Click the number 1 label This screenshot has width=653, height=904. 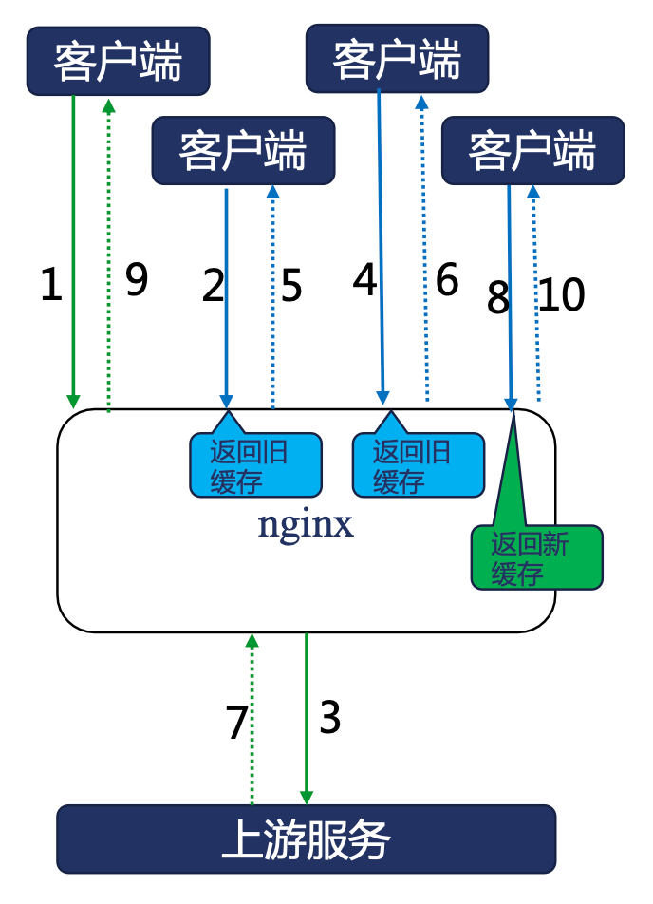51,285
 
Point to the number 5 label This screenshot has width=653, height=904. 291,285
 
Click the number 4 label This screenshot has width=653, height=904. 365,280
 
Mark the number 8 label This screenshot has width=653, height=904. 498,298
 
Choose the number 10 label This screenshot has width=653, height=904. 562,295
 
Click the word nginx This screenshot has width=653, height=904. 306,525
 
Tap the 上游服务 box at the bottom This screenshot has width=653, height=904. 306,838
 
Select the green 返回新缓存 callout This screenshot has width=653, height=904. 536,558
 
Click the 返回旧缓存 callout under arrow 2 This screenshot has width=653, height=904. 254,465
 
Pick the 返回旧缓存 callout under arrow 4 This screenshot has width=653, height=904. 418,465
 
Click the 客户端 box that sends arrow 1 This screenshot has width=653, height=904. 118,61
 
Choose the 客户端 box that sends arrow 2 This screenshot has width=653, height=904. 243,150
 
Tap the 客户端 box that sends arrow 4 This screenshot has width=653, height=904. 397,59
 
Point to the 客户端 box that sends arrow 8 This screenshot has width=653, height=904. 532,150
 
